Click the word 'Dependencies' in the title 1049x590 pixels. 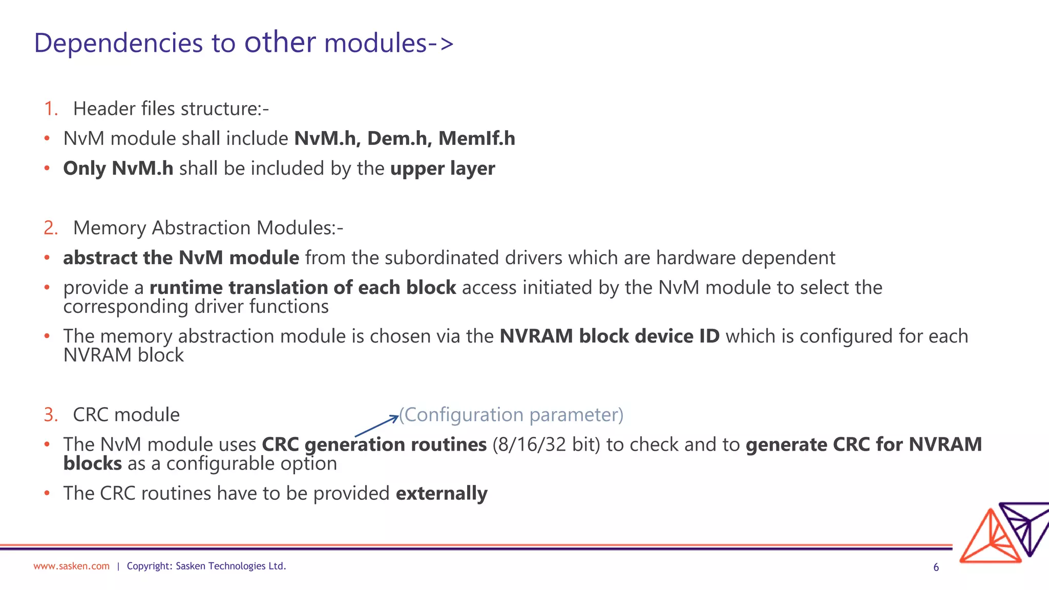pyautogui.click(x=118, y=43)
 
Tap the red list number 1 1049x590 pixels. pyautogui.click(x=50, y=109)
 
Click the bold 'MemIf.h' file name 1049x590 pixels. pyautogui.click(x=476, y=139)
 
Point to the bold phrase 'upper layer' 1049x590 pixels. pyautogui.click(x=443, y=168)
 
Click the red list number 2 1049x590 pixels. pyautogui.click(x=50, y=228)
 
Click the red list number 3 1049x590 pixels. pyautogui.click(x=50, y=415)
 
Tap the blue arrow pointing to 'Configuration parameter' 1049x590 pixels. pyautogui.click(x=376, y=426)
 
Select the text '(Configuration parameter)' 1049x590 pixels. pyautogui.click(x=511, y=415)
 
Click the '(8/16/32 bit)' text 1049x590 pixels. pyautogui.click(x=546, y=445)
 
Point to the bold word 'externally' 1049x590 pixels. pyautogui.click(x=442, y=493)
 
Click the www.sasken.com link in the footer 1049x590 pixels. pyautogui.click(x=71, y=566)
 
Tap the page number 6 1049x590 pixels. pyautogui.click(x=936, y=567)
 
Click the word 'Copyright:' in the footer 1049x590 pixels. pyautogui.click(x=149, y=566)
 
